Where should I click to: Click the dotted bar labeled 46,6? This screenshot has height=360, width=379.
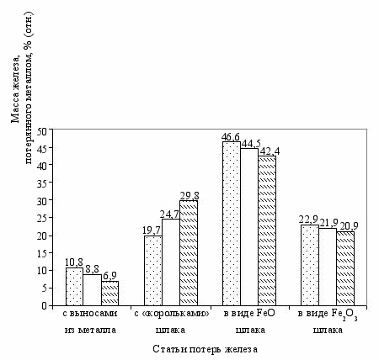pyautogui.click(x=232, y=224)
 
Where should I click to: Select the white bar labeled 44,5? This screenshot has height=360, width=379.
pyautogui.click(x=249, y=227)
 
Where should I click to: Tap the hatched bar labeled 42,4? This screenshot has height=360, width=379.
pyautogui.click(x=267, y=230)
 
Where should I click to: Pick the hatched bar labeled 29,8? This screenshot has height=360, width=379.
pyautogui.click(x=189, y=253)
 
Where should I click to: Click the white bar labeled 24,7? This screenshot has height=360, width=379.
pyautogui.click(x=171, y=262)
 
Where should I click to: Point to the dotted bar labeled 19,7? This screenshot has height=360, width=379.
pyautogui.click(x=153, y=271)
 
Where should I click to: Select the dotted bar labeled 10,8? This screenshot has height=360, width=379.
pyautogui.click(x=74, y=287)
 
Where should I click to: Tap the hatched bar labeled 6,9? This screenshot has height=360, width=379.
pyautogui.click(x=109, y=294)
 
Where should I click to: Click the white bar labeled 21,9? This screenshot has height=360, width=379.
pyautogui.click(x=328, y=267)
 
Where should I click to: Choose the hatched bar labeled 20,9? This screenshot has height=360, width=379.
pyautogui.click(x=345, y=268)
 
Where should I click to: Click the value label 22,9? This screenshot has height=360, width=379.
pyautogui.click(x=309, y=220)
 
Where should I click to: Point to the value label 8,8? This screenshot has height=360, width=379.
pyautogui.click(x=92, y=269)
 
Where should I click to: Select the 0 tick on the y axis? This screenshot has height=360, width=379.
pyautogui.click(x=45, y=306)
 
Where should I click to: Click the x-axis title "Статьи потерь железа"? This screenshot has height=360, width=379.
pyautogui.click(x=206, y=349)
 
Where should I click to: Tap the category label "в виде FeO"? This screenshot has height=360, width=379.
pyautogui.click(x=249, y=313)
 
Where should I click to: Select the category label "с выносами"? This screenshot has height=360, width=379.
pyautogui.click(x=90, y=314)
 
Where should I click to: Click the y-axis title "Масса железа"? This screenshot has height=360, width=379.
pyautogui.click(x=15, y=87)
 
